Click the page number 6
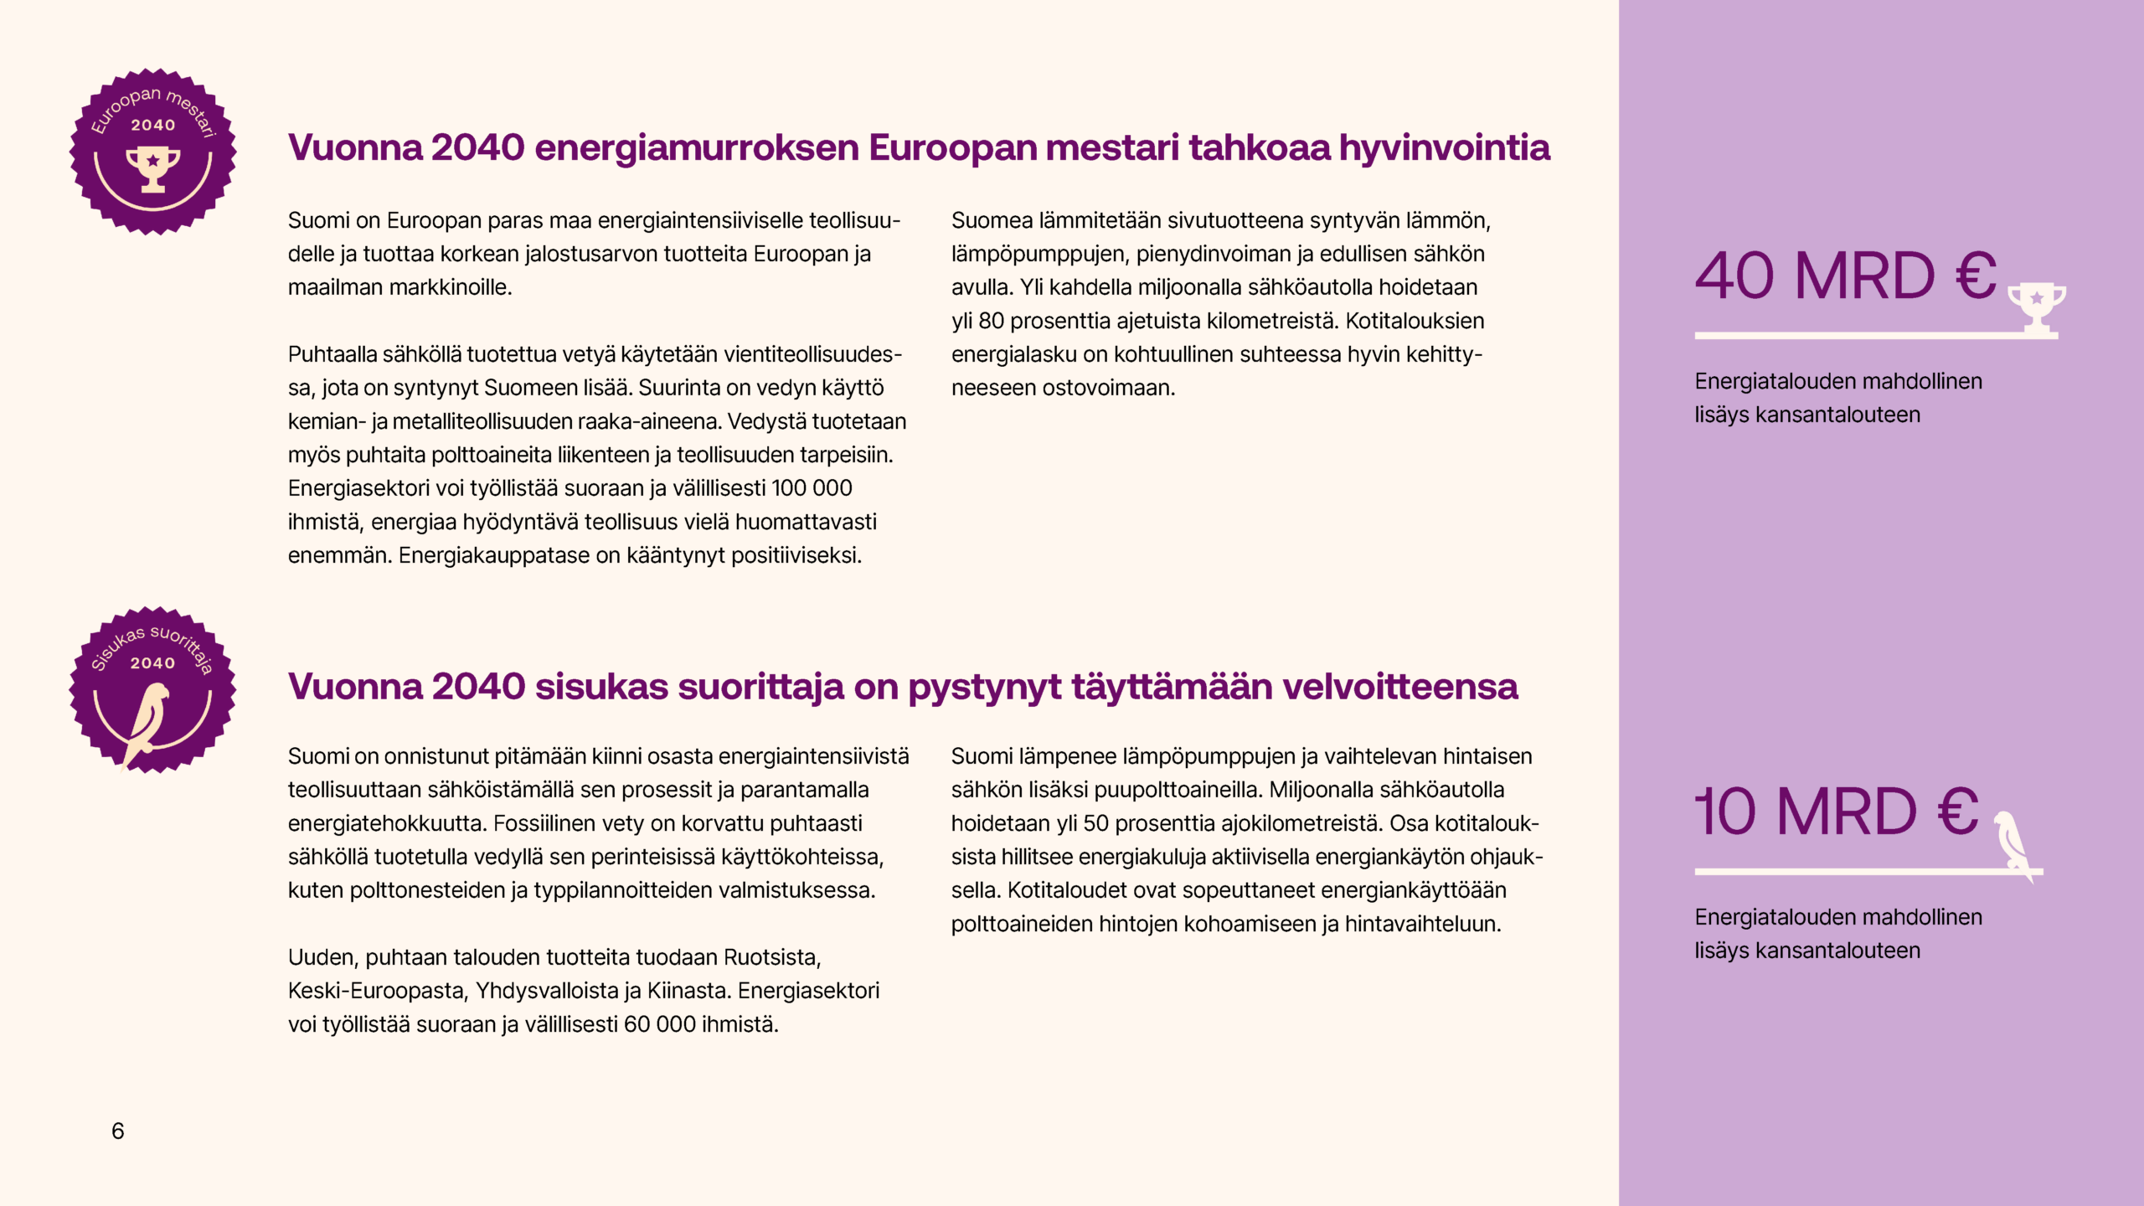click(x=118, y=1131)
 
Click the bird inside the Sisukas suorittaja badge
click(x=147, y=720)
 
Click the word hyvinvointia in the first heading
click(x=1444, y=147)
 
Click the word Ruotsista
click(x=771, y=957)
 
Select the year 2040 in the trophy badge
click(x=153, y=126)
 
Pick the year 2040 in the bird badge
click(x=152, y=663)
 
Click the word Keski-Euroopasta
click(x=376, y=991)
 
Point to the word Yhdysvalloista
click(x=547, y=991)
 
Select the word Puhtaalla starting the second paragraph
click(x=332, y=354)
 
